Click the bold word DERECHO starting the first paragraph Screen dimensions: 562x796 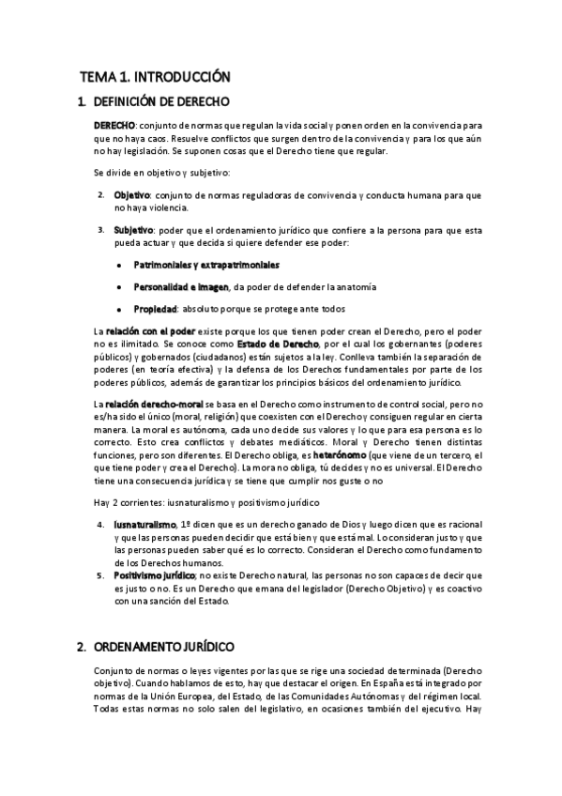click(114, 126)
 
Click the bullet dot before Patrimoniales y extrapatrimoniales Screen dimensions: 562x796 click(119, 266)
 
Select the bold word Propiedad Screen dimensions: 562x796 click(156, 309)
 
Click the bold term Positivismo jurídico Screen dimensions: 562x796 click(154, 574)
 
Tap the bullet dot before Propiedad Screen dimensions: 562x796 click(119, 309)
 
